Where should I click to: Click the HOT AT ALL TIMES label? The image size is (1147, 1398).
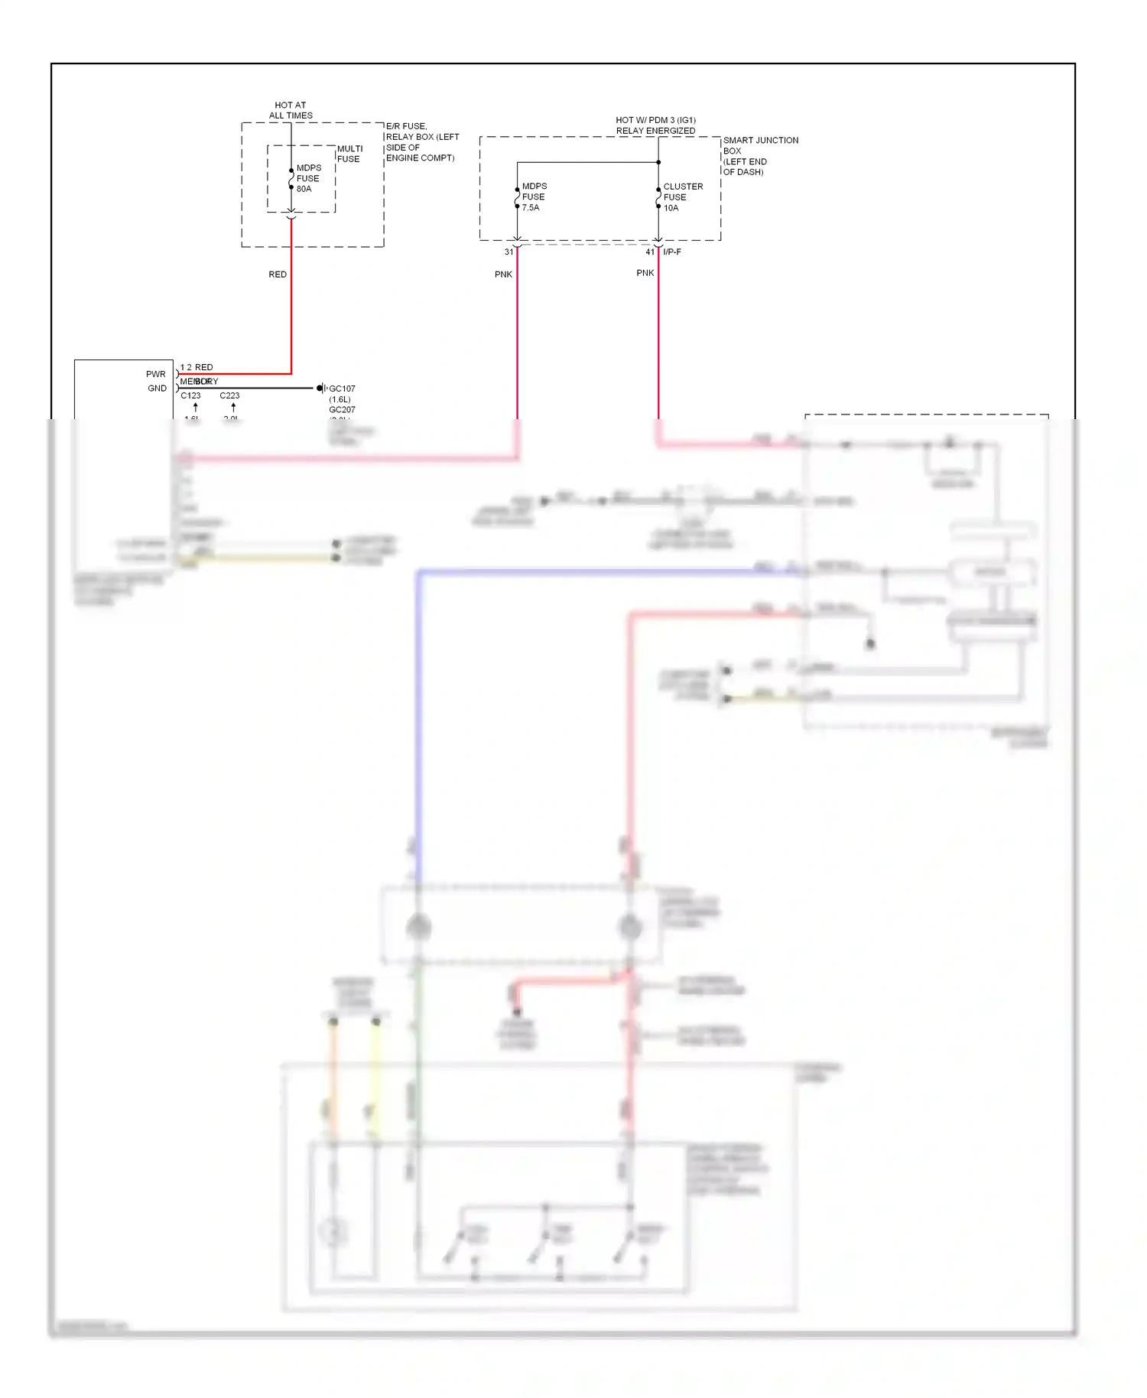pyautogui.click(x=291, y=110)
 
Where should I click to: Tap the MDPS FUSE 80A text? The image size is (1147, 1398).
pyautogui.click(x=308, y=178)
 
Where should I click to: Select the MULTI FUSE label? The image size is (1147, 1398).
pyautogui.click(x=349, y=154)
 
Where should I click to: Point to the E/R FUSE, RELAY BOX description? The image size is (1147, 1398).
pyautogui.click(x=421, y=141)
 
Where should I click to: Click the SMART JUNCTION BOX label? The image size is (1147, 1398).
pyautogui.click(x=759, y=155)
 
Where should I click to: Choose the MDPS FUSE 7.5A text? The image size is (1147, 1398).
pyautogui.click(x=534, y=197)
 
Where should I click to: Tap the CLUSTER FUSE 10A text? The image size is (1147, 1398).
pyautogui.click(x=682, y=197)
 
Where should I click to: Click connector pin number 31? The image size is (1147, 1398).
pyautogui.click(x=509, y=252)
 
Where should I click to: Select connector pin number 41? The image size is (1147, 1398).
pyautogui.click(x=650, y=252)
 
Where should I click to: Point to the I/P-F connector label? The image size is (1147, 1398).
pyautogui.click(x=672, y=252)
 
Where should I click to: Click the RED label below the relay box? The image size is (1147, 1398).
pyautogui.click(x=278, y=274)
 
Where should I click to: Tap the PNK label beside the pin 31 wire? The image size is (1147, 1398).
pyautogui.click(x=503, y=274)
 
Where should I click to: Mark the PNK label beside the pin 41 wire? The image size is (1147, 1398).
pyautogui.click(x=645, y=272)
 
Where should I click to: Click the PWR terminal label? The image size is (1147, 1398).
pyautogui.click(x=155, y=374)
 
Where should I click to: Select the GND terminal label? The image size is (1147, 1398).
pyautogui.click(x=157, y=388)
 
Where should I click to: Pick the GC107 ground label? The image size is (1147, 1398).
pyautogui.click(x=342, y=389)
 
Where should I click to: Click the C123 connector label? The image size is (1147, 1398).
pyautogui.click(x=190, y=395)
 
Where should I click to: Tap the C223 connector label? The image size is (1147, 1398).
pyautogui.click(x=229, y=395)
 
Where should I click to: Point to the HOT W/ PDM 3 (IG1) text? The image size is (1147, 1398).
pyautogui.click(x=655, y=120)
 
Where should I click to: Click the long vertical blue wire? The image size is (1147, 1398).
pyautogui.click(x=418, y=727)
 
